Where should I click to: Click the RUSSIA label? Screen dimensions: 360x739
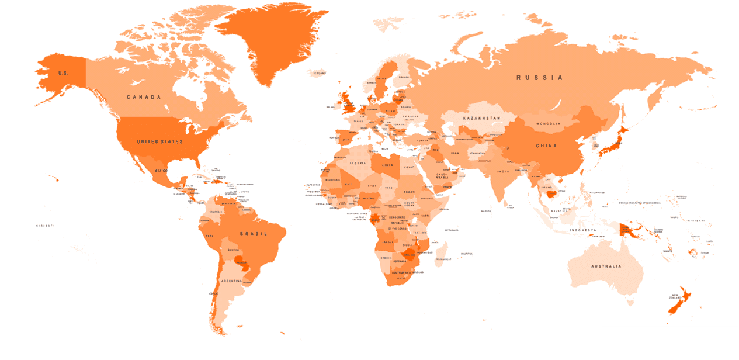pyautogui.click(x=539, y=78)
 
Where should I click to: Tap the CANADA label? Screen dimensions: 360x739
pyautogui.click(x=144, y=97)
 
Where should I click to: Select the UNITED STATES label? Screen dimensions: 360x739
pyautogui.click(x=159, y=142)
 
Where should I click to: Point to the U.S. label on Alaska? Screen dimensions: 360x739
pyautogui.click(x=63, y=74)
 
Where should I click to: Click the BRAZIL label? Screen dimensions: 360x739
pyautogui.click(x=253, y=234)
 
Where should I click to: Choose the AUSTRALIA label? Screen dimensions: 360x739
pyautogui.click(x=606, y=266)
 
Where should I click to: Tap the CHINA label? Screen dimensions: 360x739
pyautogui.click(x=546, y=146)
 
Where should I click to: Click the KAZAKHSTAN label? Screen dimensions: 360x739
pyautogui.click(x=481, y=118)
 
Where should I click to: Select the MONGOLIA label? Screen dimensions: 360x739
pyautogui.click(x=548, y=124)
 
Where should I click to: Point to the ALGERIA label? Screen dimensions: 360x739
pyautogui.click(x=358, y=163)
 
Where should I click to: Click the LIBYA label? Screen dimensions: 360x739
pyautogui.click(x=388, y=165)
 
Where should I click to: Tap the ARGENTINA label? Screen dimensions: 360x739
pyautogui.click(x=231, y=281)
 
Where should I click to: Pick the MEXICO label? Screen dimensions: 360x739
pyautogui.click(x=161, y=171)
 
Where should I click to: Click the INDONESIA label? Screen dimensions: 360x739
pyautogui.click(x=583, y=230)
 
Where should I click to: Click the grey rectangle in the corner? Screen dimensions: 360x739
pyautogui.click(x=669, y=342)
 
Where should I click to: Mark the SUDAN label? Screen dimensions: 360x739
pyautogui.click(x=410, y=191)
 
